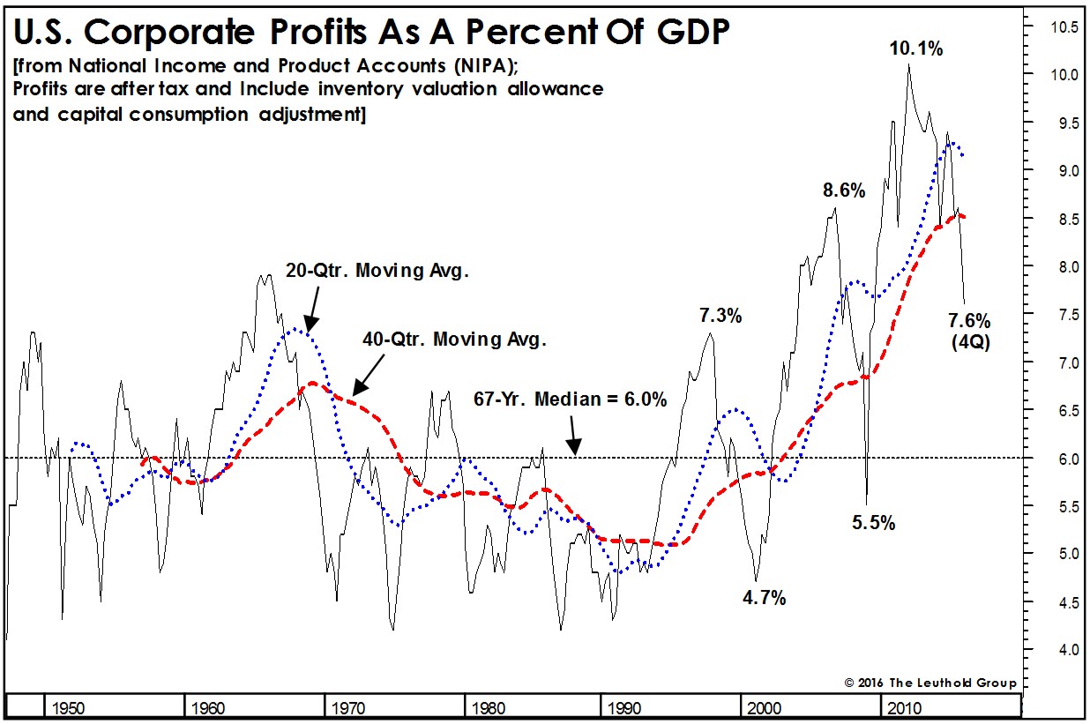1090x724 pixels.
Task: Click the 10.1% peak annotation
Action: (x=916, y=49)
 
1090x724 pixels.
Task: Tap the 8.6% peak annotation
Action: (x=844, y=190)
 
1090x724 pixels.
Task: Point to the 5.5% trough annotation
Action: (x=873, y=523)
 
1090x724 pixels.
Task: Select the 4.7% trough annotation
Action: (x=763, y=599)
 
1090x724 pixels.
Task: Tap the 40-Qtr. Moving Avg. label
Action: (x=455, y=339)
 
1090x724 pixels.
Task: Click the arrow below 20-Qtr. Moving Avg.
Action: (x=310, y=315)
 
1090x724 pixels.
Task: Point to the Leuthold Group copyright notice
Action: (x=930, y=683)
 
